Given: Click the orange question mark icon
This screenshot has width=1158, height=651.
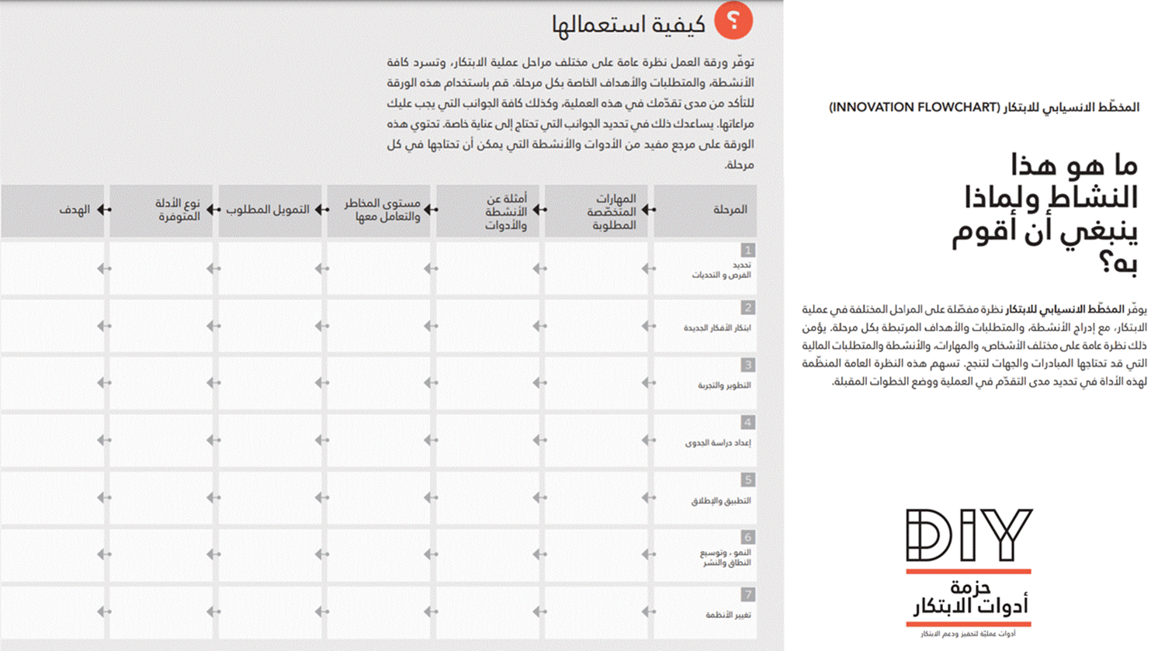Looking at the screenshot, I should (x=733, y=21).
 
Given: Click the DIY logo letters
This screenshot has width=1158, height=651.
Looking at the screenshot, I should (x=969, y=535).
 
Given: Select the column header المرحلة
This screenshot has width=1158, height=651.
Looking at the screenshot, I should (x=730, y=209).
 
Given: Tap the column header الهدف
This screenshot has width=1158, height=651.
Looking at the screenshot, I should (x=75, y=209).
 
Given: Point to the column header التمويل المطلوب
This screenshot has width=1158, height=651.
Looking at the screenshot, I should (x=268, y=209).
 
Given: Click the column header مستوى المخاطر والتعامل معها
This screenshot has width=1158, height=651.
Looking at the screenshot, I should (x=382, y=209).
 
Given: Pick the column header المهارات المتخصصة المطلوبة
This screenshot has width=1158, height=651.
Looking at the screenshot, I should (x=612, y=211).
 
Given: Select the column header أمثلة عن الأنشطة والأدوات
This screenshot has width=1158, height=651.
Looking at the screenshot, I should (x=505, y=211).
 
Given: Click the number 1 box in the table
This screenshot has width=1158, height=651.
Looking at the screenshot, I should (x=747, y=251).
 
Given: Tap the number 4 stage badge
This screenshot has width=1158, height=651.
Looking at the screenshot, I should (x=747, y=423).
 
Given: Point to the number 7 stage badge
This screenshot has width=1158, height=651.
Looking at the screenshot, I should (x=747, y=595).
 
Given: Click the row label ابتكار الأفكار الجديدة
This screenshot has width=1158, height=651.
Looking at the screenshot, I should (x=717, y=328).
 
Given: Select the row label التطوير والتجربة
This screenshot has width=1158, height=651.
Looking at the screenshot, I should (x=724, y=386).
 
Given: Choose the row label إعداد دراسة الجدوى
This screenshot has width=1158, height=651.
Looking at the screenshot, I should (x=718, y=443).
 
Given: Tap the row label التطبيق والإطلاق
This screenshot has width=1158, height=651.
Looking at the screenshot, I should (x=721, y=501).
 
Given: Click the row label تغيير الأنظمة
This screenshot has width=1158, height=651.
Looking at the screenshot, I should (x=728, y=615).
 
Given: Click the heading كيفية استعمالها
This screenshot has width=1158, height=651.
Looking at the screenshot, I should (x=629, y=25).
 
